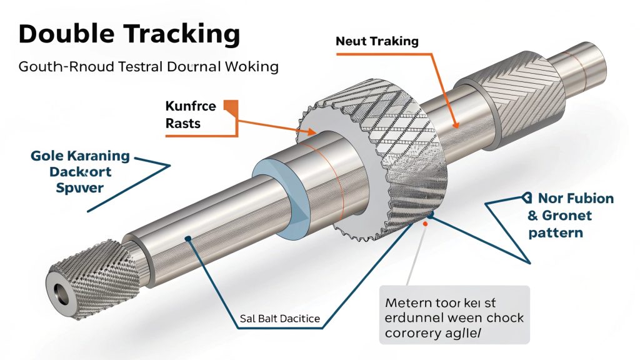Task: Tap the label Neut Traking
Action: tap(377, 41)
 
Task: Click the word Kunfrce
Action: tap(191, 105)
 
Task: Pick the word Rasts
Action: tap(183, 122)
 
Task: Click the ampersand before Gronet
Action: tap(534, 216)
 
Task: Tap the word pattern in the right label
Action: tap(556, 232)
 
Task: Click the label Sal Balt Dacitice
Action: tap(279, 319)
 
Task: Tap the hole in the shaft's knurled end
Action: tap(61, 292)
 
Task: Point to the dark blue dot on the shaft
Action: tap(187, 238)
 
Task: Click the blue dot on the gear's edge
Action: tap(430, 217)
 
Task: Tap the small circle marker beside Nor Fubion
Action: tap(524, 199)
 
